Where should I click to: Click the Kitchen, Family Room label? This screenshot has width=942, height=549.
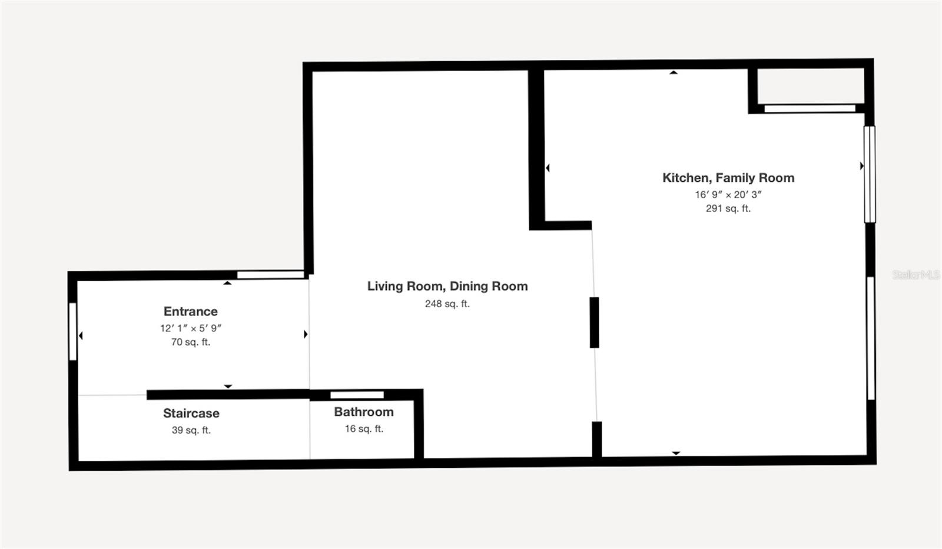click(728, 178)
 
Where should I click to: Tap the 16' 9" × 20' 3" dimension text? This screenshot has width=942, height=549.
click(728, 194)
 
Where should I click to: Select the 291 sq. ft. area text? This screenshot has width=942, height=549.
click(728, 208)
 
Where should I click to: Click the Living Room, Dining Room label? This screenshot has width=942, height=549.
click(447, 286)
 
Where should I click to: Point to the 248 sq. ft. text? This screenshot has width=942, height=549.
click(447, 304)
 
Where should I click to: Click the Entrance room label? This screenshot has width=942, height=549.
click(190, 311)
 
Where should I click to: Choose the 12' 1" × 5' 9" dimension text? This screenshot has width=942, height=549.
click(190, 328)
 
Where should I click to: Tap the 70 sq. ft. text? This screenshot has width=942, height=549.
click(190, 342)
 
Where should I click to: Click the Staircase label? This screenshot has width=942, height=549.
click(191, 413)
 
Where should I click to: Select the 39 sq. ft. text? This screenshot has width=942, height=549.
click(191, 430)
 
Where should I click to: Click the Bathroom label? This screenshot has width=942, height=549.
click(363, 412)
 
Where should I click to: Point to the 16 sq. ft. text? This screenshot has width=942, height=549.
click(363, 429)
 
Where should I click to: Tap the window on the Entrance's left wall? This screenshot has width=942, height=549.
click(73, 331)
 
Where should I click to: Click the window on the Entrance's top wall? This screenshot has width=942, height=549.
click(270, 275)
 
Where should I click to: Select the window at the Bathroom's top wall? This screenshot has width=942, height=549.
click(357, 395)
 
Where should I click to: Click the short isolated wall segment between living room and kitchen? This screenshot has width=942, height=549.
click(594, 322)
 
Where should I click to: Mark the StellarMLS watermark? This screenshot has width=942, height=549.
click(916, 275)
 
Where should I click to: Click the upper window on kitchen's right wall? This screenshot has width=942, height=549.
click(869, 174)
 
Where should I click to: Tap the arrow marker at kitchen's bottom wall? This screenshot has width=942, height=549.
click(676, 453)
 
